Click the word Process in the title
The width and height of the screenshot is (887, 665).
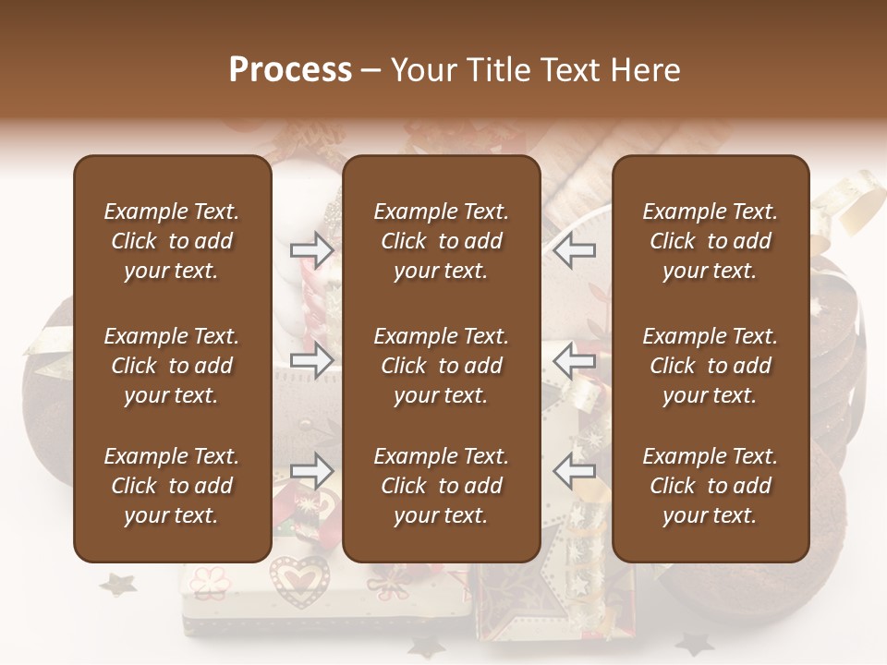290,70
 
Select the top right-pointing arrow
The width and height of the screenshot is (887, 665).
311,250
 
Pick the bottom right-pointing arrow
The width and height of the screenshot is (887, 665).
311,471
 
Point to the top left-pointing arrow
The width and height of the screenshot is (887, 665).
575,250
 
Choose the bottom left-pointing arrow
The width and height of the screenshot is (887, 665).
575,471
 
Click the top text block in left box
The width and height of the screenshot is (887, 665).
172,241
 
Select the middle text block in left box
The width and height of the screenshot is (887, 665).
172,366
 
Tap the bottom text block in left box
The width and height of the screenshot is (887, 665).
172,486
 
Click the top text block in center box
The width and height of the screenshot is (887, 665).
441,241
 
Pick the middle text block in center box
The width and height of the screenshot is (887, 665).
441,366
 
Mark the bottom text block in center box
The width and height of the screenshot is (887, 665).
441,486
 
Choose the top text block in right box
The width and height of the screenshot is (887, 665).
710,241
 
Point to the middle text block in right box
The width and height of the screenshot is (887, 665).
710,366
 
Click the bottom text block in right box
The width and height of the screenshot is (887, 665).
710,486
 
